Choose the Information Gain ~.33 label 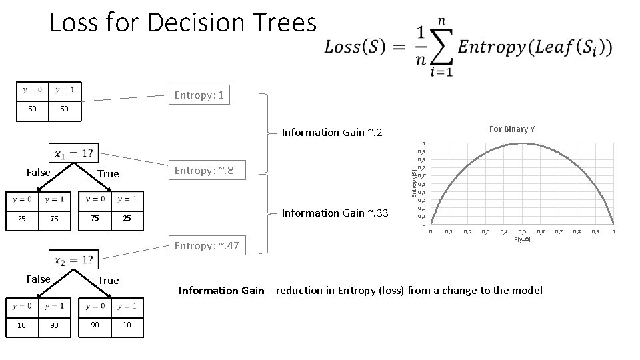click(333, 213)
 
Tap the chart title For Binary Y click(511, 129)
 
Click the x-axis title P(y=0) click(522, 238)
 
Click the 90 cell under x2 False click(54, 324)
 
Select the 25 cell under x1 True click(127, 218)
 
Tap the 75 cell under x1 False click(54, 218)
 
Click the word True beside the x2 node click(108, 280)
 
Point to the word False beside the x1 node click(38, 173)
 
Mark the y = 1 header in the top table click(64, 89)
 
